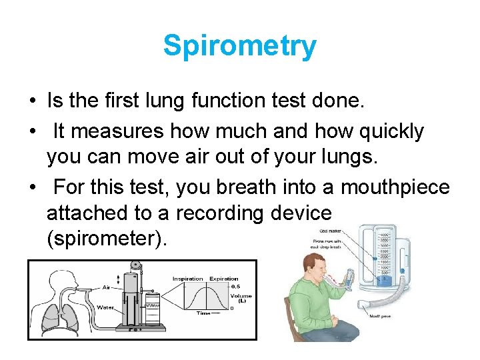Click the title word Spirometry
240,46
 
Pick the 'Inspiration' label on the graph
187,279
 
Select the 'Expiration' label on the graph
224,279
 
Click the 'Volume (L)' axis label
241,299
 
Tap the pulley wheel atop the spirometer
137,265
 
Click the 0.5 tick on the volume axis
235,287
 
